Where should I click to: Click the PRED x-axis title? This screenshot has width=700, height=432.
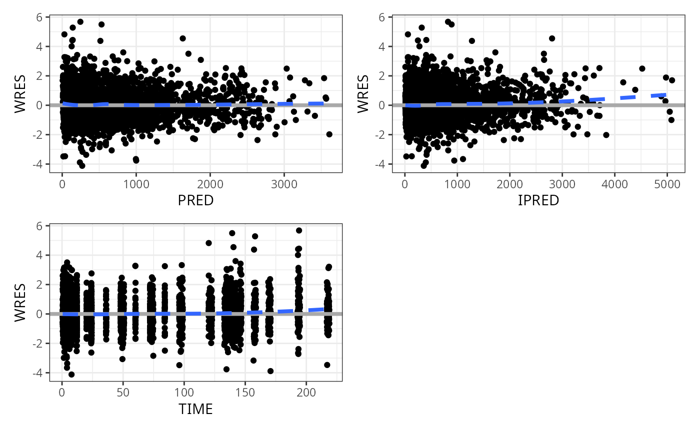(195, 200)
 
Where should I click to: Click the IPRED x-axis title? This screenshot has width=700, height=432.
(538, 200)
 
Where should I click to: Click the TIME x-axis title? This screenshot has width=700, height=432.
(195, 410)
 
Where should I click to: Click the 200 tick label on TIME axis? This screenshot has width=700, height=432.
(306, 392)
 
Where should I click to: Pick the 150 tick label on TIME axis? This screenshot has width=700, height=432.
(245, 392)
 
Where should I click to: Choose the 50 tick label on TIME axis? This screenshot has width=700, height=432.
(122, 392)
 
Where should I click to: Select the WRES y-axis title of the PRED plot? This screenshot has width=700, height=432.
(19, 94)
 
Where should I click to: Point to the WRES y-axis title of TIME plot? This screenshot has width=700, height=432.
(19, 303)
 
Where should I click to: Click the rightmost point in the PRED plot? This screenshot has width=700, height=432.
(329, 134)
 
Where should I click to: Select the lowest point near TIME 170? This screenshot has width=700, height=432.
(270, 371)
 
